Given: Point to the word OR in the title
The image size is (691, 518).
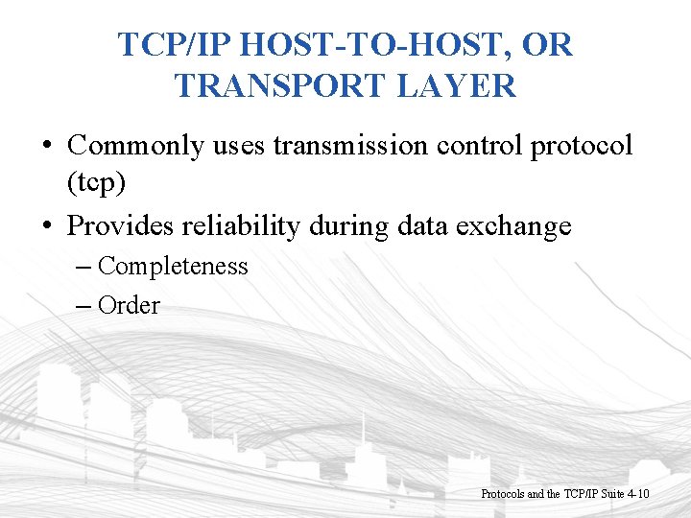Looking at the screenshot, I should coord(551,45).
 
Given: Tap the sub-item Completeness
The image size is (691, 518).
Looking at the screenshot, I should coord(173,266).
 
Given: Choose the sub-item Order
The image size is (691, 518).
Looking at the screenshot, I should coord(129,305).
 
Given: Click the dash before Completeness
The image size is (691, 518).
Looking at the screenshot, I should coord(81,267).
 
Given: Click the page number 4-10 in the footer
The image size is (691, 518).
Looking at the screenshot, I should coord(636,493).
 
